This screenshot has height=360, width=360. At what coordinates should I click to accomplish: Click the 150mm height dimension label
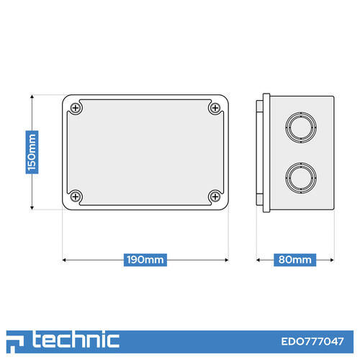click(x=32, y=152)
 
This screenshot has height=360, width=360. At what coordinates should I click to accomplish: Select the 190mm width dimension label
click(x=145, y=260)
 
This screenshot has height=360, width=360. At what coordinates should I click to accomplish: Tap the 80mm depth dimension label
click(x=295, y=260)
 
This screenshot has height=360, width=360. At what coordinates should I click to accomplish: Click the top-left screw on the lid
click(x=76, y=108)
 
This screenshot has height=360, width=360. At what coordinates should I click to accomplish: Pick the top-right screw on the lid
click(x=215, y=108)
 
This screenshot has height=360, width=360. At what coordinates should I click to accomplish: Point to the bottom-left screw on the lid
click(x=76, y=197)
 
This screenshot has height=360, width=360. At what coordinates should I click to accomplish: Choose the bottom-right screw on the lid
click(x=215, y=197)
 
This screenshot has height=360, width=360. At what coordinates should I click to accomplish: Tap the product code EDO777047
click(x=312, y=341)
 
